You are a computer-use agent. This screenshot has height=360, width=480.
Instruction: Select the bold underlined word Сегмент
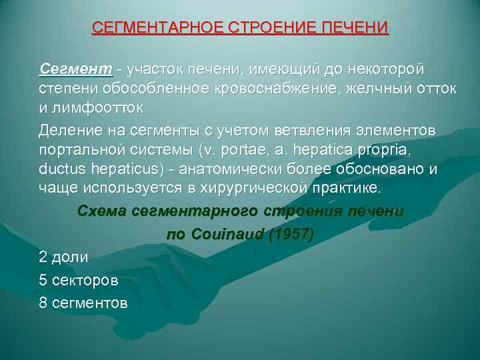pos(76,69)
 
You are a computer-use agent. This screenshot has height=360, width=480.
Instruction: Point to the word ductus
pos(62,169)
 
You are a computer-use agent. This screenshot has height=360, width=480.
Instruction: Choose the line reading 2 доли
pos(64,256)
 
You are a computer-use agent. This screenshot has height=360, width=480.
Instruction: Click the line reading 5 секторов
pos(83,279)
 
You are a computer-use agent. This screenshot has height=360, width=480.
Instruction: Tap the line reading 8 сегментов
pos(83,303)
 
